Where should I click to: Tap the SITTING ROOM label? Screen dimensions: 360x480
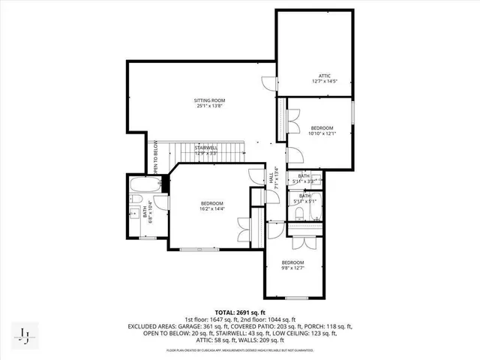point(210,100)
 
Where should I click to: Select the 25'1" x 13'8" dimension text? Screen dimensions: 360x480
point(210,106)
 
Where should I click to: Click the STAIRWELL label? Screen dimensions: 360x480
point(206,148)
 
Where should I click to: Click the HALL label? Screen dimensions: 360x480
point(271,178)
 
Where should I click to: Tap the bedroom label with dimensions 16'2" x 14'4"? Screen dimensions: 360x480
point(211,203)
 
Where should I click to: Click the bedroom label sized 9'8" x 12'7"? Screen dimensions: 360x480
point(298,262)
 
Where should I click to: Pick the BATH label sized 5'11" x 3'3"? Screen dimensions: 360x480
point(304,175)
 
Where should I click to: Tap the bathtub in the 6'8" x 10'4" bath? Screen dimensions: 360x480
point(141,185)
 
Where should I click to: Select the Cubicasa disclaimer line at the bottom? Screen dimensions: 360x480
point(239,350)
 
